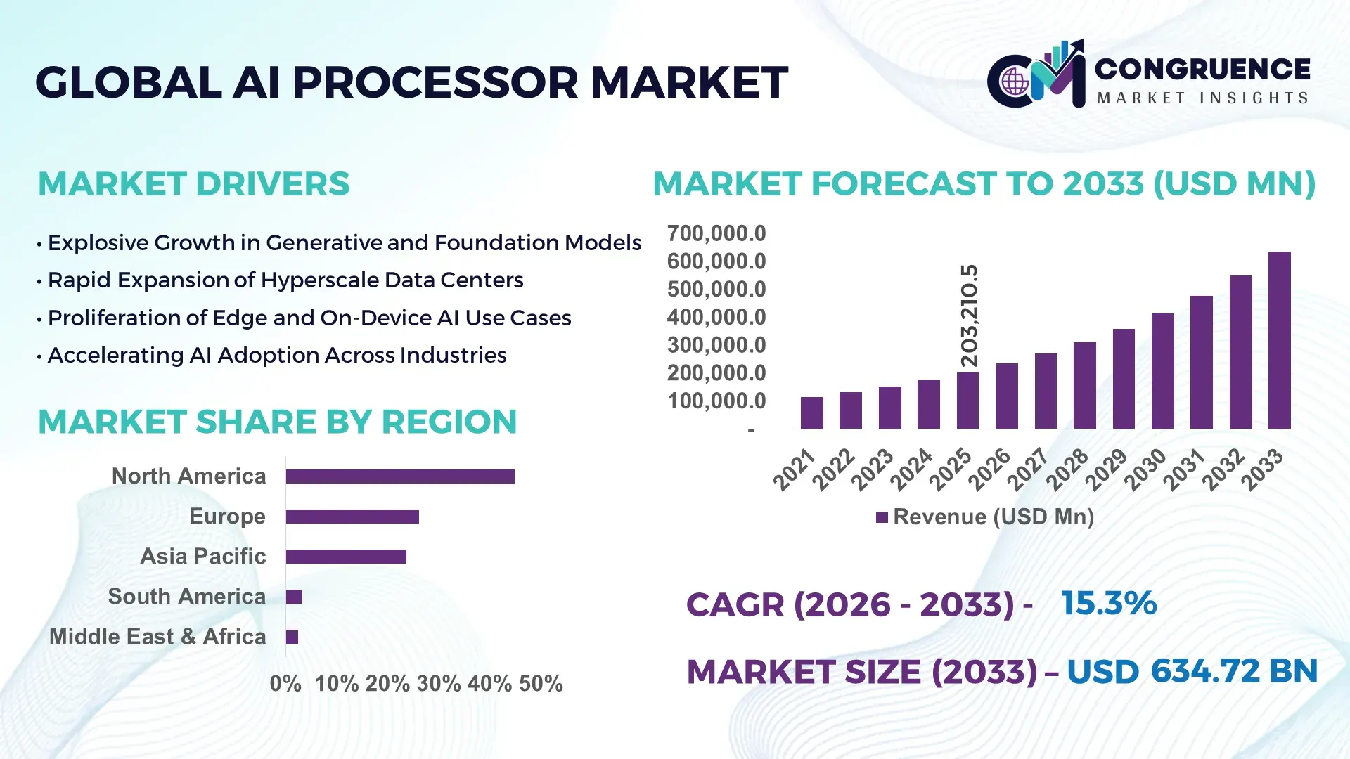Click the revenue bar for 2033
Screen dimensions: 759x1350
(x=1279, y=341)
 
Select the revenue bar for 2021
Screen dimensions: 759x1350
(x=811, y=413)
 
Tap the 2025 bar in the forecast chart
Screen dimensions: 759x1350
(x=967, y=401)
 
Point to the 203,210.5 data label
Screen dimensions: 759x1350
(x=970, y=316)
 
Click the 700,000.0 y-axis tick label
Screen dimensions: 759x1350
(x=716, y=233)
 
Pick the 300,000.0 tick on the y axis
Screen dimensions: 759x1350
(x=716, y=345)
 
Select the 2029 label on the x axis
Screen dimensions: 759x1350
(x=1106, y=470)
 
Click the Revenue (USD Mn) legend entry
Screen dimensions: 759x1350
(x=985, y=517)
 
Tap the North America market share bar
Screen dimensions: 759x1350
(x=400, y=476)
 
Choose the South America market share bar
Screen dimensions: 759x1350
(x=294, y=597)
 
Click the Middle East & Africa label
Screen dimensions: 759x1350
(x=157, y=637)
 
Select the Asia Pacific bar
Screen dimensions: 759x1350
(x=346, y=557)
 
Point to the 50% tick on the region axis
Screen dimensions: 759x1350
(x=541, y=684)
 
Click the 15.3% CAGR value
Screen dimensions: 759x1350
(x=1108, y=604)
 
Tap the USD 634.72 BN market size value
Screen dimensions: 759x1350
(x=1192, y=671)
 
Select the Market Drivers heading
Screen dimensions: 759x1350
(x=193, y=184)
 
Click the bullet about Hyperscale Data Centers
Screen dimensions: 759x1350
(x=285, y=280)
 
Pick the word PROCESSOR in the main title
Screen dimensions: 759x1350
(x=435, y=83)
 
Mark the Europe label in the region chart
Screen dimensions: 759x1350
(x=227, y=517)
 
